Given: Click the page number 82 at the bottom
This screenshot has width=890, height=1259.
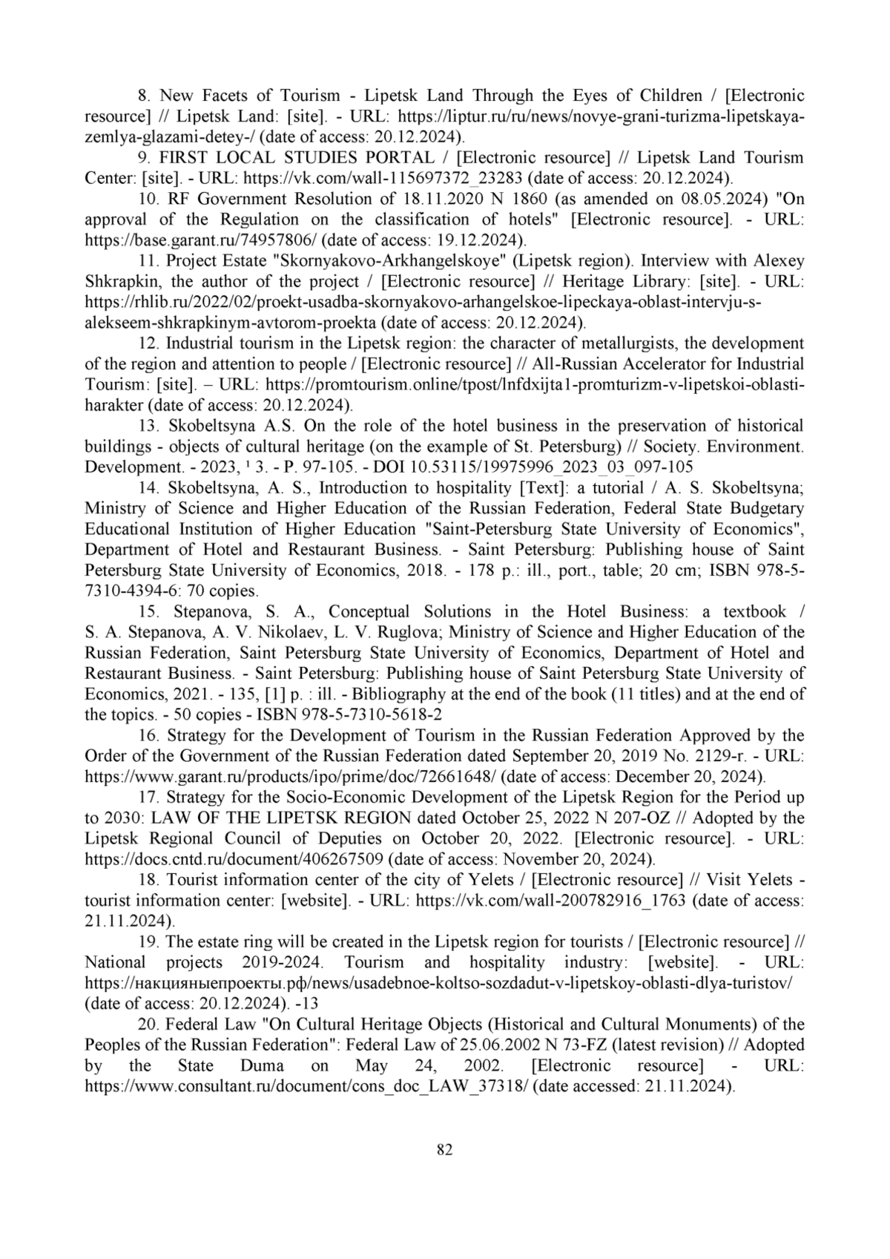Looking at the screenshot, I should tap(444, 1150).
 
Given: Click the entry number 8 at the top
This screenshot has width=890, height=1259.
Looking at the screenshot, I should tap(145, 96).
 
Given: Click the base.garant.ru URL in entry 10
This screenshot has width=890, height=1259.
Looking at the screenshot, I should tap(201, 240).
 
